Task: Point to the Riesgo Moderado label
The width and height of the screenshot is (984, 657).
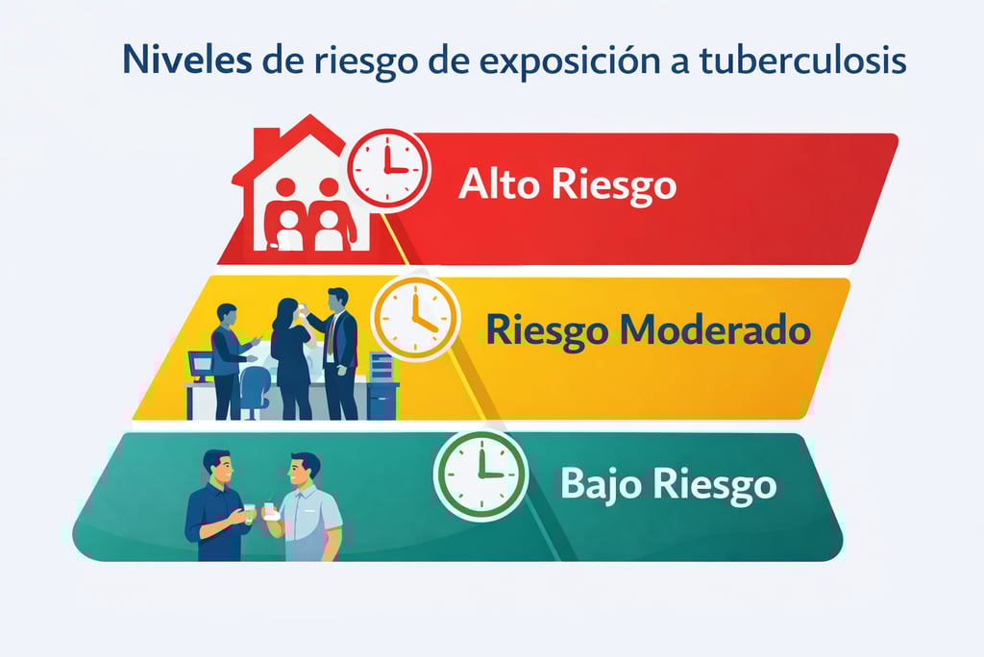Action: pyautogui.click(x=648, y=330)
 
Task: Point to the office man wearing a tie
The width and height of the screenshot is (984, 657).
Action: pyautogui.click(x=338, y=351)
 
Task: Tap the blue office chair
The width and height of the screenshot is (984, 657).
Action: pyautogui.click(x=255, y=390)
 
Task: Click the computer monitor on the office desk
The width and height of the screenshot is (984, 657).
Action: pyautogui.click(x=201, y=364)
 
